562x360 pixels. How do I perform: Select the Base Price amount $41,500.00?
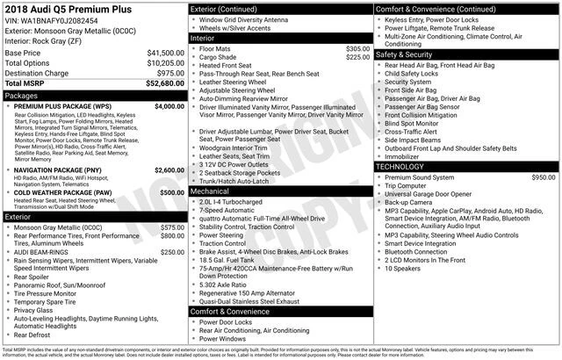pos(164,54)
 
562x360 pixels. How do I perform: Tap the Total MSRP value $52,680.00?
pos(164,84)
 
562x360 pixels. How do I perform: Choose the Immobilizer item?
pos(404,156)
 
